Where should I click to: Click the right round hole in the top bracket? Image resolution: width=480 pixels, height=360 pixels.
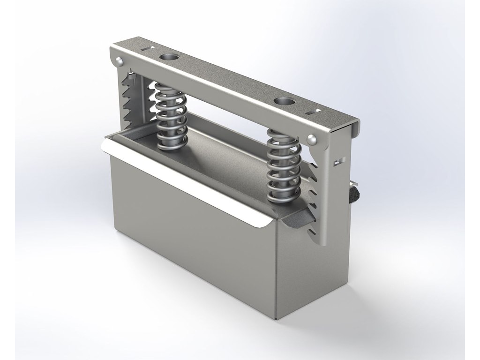pyautogui.click(x=284, y=101)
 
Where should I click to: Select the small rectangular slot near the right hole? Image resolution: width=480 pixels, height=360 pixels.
pyautogui.click(x=313, y=112)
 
